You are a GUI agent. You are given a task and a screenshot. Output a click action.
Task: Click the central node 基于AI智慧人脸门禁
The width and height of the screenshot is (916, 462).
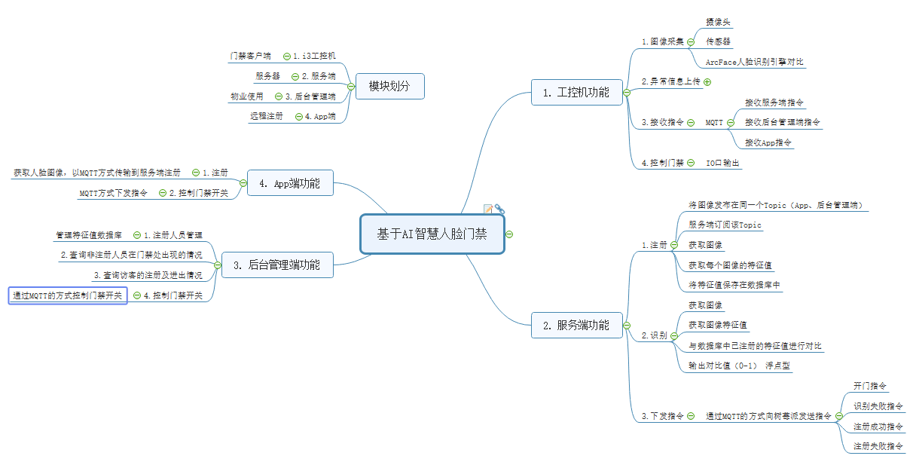(432, 234)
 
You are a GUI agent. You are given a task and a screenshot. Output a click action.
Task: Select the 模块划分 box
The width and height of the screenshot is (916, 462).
(389, 87)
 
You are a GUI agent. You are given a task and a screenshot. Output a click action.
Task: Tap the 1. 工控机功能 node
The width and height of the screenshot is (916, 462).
(576, 93)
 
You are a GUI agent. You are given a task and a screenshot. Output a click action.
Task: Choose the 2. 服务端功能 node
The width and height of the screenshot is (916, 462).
(576, 326)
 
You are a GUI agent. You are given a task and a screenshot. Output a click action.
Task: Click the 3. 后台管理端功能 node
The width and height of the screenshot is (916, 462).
(276, 265)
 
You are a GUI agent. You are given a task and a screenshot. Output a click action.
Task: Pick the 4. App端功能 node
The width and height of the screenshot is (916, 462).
(290, 183)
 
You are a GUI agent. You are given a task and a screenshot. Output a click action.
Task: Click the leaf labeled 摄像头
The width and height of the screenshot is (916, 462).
(718, 23)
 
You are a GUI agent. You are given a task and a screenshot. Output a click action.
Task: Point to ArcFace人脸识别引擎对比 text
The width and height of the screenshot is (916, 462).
(754, 62)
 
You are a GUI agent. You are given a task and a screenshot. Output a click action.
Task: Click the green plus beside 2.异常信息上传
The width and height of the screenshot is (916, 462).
(707, 81)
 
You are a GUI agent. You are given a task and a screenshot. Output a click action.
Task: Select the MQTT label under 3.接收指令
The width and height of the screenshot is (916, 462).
(714, 122)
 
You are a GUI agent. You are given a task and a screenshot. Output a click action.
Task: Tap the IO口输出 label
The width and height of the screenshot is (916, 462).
(722, 163)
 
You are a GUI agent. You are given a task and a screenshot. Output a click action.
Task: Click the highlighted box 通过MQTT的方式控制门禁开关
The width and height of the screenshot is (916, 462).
(68, 295)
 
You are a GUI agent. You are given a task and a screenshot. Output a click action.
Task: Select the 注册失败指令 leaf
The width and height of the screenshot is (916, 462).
(878, 446)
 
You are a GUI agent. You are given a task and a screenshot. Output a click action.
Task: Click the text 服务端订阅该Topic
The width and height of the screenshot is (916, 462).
(725, 225)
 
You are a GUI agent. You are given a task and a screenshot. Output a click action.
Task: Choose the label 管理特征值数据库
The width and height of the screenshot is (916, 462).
(89, 235)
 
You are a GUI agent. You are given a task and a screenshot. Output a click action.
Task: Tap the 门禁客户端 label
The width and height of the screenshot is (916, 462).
(250, 56)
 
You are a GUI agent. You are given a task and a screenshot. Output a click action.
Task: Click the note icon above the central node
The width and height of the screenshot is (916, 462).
(488, 209)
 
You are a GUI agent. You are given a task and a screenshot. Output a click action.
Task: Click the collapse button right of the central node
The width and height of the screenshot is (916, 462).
(510, 234)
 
